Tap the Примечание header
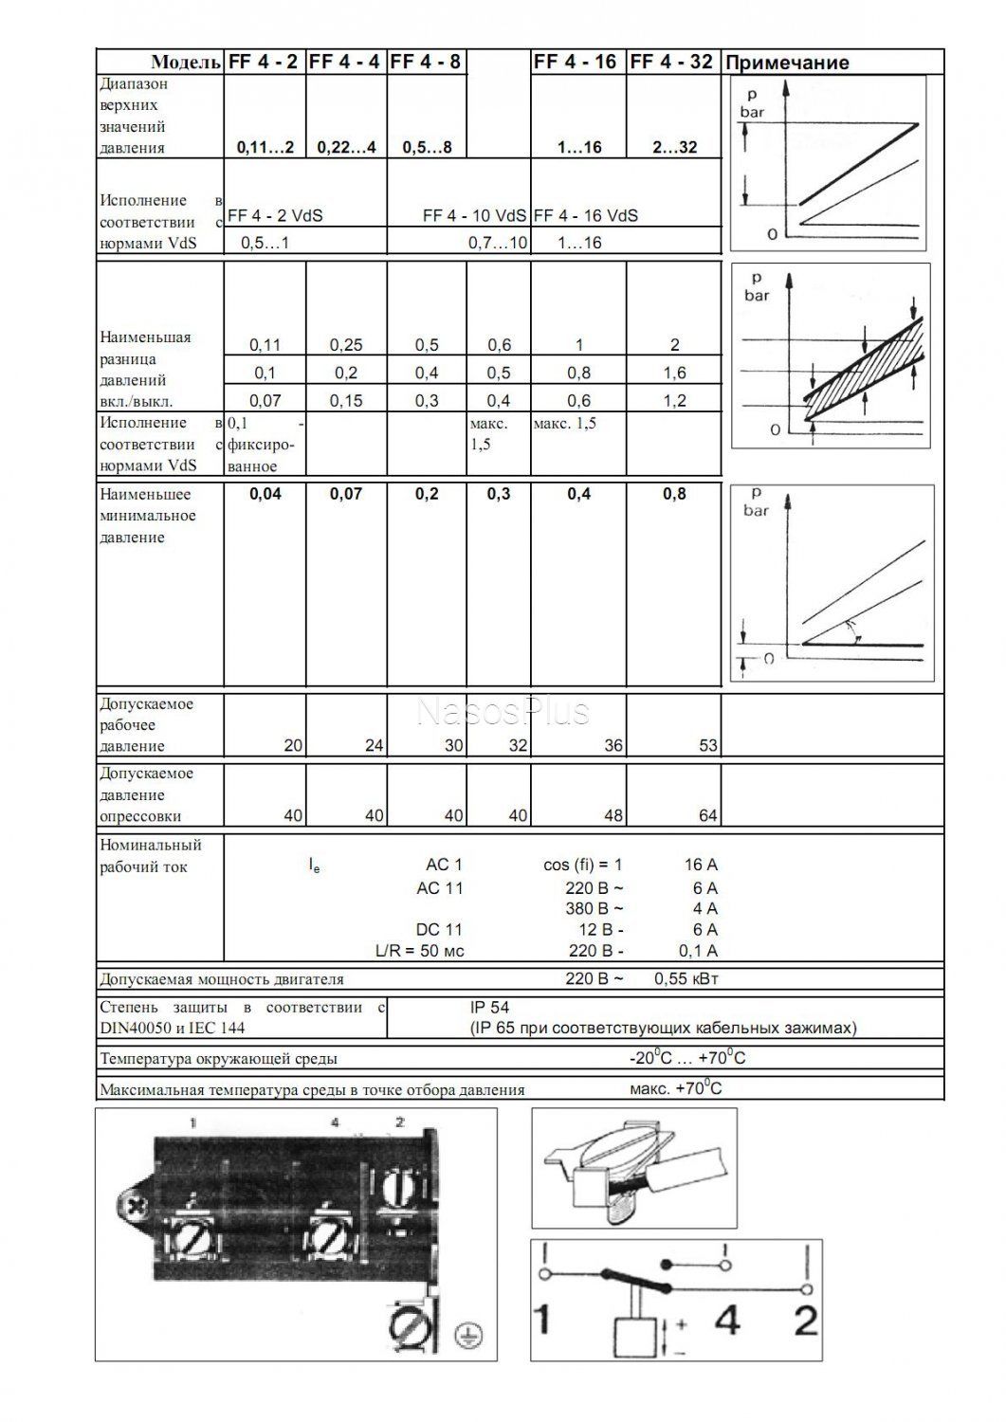786,64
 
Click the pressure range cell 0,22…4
346,148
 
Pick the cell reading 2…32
674,148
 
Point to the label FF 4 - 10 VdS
474,216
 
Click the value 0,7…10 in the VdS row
498,244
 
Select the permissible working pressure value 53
707,746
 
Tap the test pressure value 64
707,816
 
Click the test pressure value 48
613,816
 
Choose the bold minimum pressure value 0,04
265,494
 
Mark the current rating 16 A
701,865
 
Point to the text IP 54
489,1008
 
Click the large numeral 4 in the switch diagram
727,1321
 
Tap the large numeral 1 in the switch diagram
544,1321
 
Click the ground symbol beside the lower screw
466,1336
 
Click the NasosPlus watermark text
503,711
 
